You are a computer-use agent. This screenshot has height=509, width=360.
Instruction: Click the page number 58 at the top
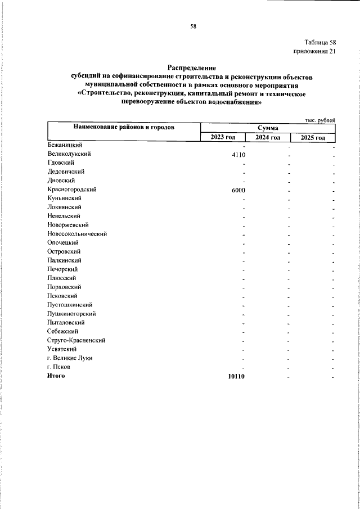[x=193, y=26]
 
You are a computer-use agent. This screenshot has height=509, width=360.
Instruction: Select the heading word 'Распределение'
[x=192, y=67]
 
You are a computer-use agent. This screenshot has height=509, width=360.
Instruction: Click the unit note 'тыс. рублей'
[x=320, y=120]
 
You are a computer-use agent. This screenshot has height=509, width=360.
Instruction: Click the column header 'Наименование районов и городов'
[x=123, y=128]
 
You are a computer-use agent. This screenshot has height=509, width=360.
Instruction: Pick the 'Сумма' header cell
[x=268, y=128]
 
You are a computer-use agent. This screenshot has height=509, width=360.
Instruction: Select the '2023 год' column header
[x=223, y=138]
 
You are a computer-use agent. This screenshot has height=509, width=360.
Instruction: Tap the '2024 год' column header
[x=268, y=138]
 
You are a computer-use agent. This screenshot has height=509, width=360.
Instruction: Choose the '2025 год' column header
[x=313, y=138]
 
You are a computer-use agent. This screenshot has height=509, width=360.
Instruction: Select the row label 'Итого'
[x=56, y=376]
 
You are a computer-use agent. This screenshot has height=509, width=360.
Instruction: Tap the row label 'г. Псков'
[x=59, y=367]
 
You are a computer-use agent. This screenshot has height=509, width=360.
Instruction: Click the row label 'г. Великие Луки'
[x=70, y=358]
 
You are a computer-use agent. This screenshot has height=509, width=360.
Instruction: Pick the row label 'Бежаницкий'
[x=66, y=145]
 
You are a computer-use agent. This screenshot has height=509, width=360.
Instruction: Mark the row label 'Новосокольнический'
[x=77, y=234]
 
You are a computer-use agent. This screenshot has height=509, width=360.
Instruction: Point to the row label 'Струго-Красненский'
[x=76, y=340]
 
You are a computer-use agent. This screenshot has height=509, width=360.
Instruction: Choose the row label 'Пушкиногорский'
[x=71, y=313]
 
